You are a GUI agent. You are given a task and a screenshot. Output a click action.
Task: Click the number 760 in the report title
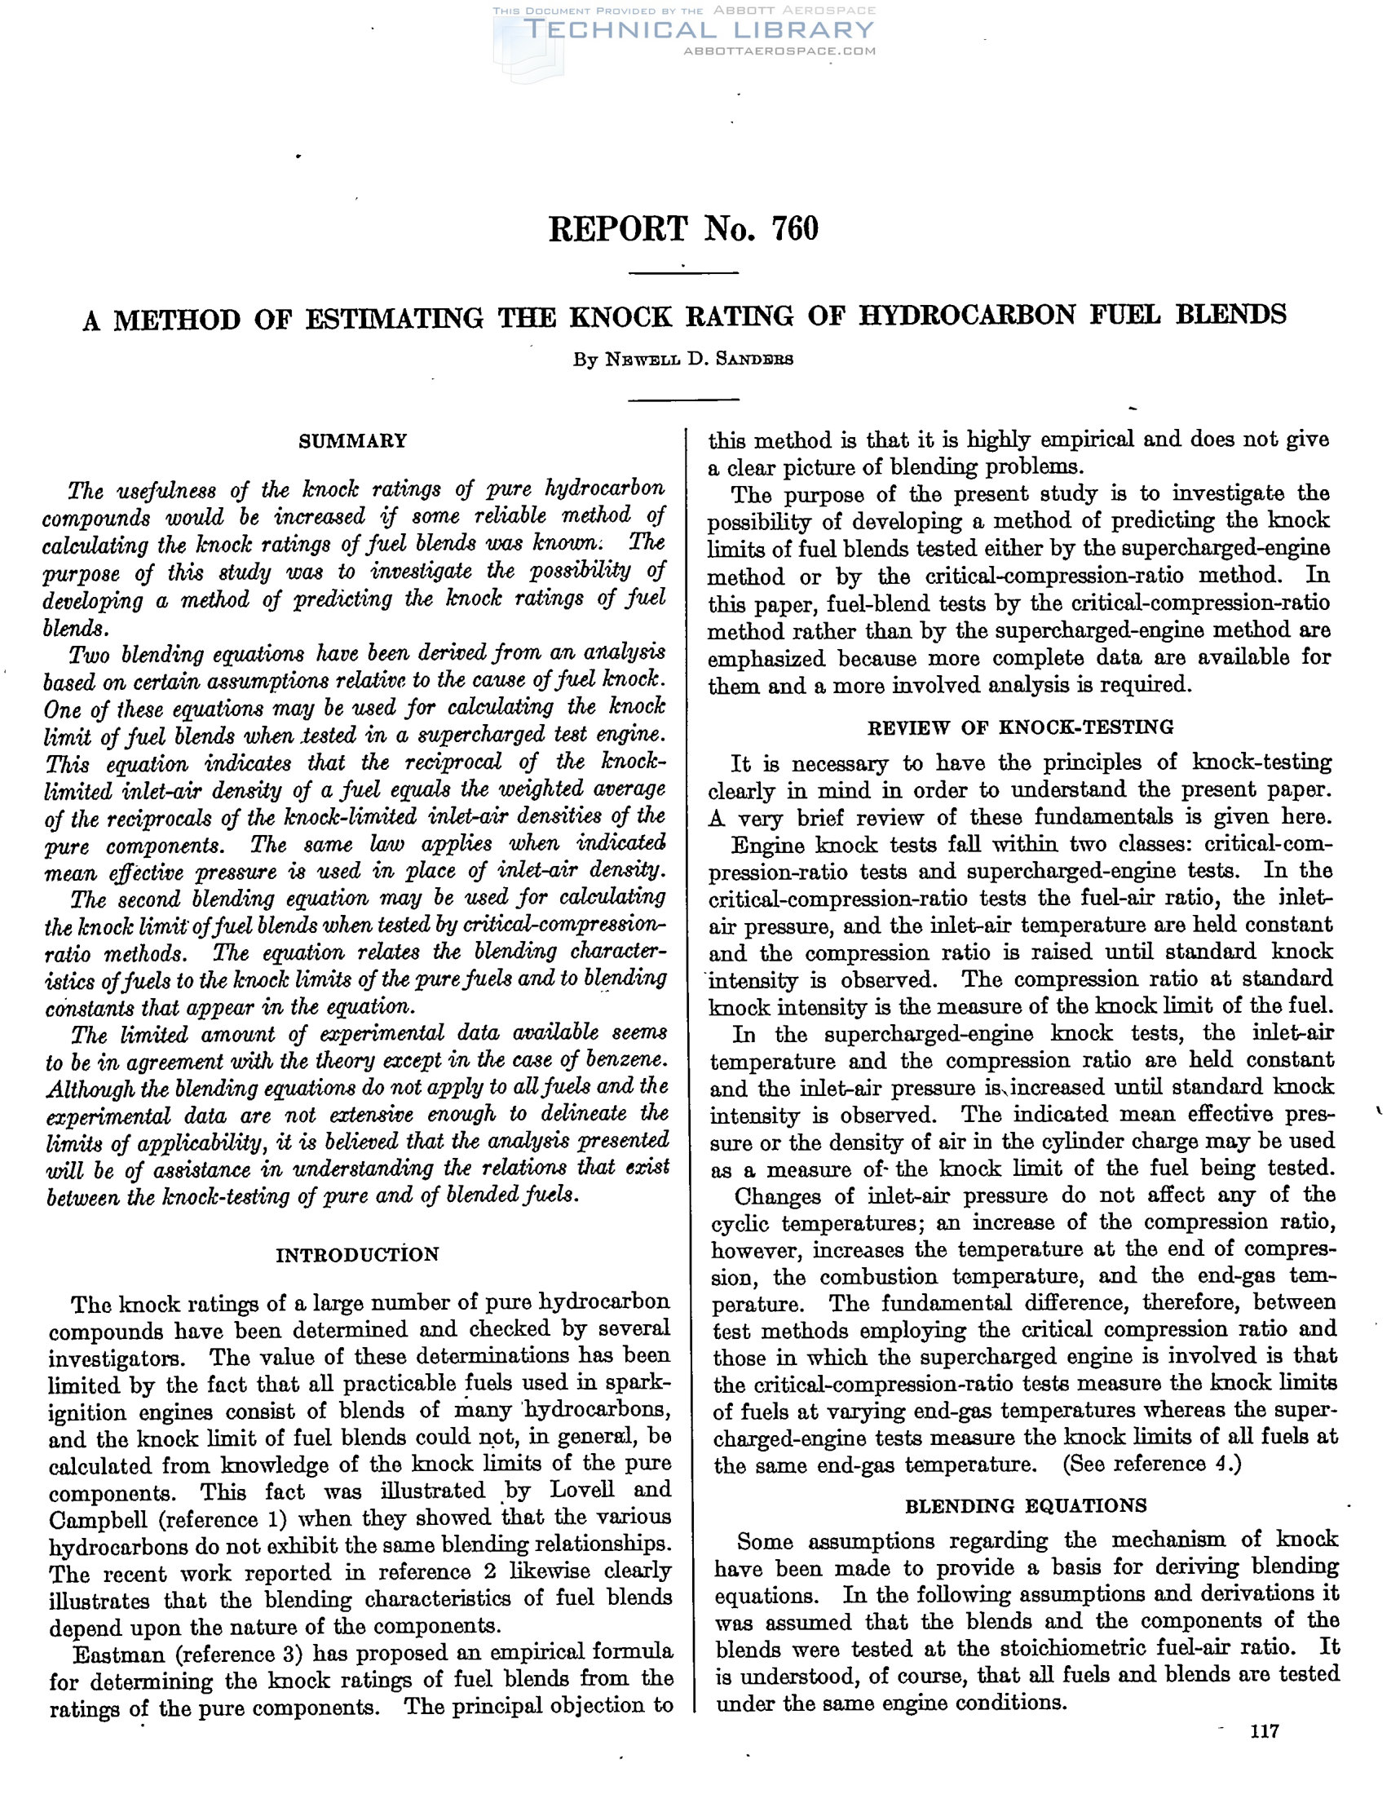(x=795, y=228)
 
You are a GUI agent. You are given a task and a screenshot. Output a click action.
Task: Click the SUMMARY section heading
(x=352, y=441)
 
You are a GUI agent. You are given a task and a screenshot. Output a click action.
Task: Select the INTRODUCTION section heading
(x=357, y=1254)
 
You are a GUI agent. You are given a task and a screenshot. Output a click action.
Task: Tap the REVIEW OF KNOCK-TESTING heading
(x=1021, y=727)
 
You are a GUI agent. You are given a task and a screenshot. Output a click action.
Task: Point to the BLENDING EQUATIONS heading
(x=1026, y=1505)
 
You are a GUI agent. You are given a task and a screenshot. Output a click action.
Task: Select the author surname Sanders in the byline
(x=754, y=360)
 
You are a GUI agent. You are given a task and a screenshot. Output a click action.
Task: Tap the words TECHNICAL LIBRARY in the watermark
(x=699, y=30)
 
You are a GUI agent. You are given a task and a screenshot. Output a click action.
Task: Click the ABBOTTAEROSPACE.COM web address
(x=779, y=51)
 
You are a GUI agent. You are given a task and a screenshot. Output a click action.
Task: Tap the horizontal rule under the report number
(x=683, y=272)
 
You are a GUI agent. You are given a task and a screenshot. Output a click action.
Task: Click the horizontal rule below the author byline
(x=683, y=400)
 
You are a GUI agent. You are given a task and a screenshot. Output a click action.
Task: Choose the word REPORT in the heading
(x=618, y=228)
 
